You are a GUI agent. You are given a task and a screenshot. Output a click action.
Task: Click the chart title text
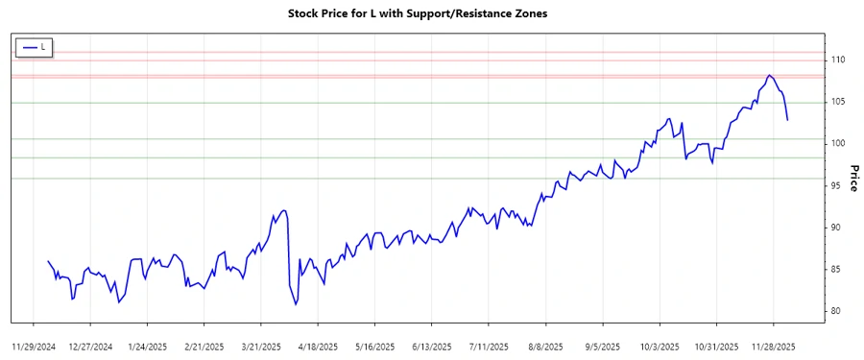431,13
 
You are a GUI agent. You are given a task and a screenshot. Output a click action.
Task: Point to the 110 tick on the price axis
837,60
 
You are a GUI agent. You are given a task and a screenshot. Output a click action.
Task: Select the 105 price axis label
837,102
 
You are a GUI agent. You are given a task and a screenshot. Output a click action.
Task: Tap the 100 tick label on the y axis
837,144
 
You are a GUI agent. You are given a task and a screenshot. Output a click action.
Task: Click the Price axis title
853,179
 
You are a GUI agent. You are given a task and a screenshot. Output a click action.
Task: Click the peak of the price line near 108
769,75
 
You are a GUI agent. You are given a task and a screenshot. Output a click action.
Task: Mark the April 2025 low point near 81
296,304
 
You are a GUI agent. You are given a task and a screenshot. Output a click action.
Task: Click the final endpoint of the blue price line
787,120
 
